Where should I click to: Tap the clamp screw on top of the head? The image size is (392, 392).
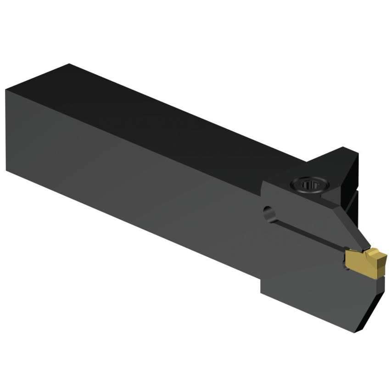[309, 185]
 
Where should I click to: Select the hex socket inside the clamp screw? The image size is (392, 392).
[310, 185]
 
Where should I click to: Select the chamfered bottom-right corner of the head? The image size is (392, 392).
[374, 312]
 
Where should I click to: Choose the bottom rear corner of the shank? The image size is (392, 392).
[6, 170]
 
